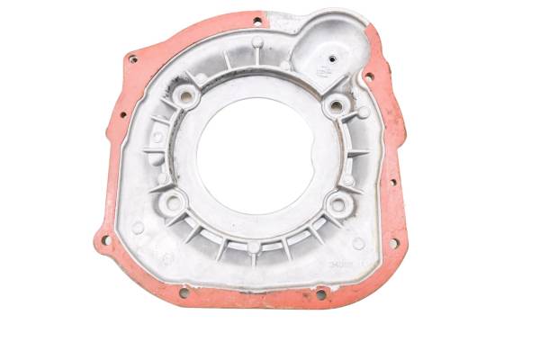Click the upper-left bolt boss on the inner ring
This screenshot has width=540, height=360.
tap(190, 94)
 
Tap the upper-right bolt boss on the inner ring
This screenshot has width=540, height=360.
tap(337, 106)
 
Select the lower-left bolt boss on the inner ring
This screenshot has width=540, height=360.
tap(174, 200)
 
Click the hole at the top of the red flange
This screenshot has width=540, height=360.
tap(257, 20)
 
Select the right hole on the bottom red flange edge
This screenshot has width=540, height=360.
tap(321, 293)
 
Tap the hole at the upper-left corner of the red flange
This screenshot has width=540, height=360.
tap(133, 59)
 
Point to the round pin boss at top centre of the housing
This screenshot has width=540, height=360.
tap(257, 43)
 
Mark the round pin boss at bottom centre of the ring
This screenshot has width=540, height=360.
tap(254, 247)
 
